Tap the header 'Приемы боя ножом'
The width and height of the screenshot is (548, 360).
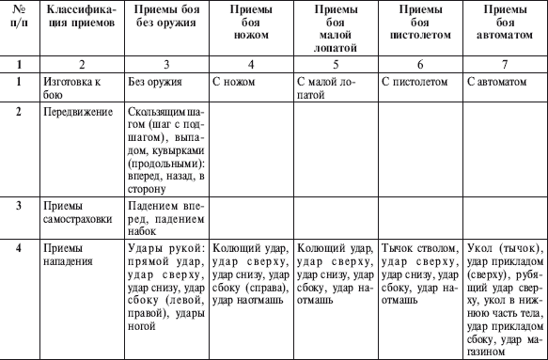coord(252,24)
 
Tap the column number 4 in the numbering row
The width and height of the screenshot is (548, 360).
coord(252,65)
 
